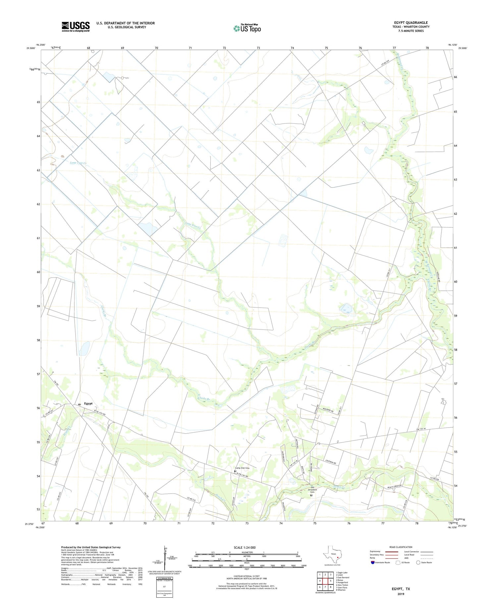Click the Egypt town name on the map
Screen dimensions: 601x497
tap(88, 403)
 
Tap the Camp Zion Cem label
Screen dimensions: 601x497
tap(242, 468)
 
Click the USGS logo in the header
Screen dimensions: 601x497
tap(76, 27)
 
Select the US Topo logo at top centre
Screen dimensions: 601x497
tap(247, 29)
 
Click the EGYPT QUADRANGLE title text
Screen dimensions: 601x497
tap(411, 23)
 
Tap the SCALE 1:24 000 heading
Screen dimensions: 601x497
tap(245, 547)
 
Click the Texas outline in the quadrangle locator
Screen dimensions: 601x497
tap(333, 554)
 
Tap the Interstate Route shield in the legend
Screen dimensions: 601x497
tap(373, 563)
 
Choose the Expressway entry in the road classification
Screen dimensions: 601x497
tap(376, 552)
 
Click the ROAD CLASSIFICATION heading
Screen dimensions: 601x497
tap(401, 547)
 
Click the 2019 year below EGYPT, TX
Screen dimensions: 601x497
tap(401, 594)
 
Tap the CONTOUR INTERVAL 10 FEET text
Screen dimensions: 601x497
tap(247, 576)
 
